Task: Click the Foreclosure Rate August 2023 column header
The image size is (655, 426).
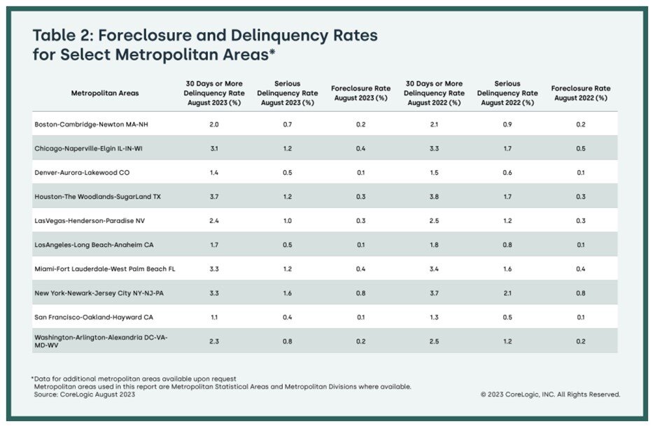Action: coord(360,93)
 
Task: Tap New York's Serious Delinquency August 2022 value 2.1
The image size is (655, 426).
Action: coord(507,293)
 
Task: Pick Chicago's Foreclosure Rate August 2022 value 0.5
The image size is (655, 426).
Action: coord(581,148)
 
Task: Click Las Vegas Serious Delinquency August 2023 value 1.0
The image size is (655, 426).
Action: coord(287,220)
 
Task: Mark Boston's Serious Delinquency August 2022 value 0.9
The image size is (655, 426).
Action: coord(507,124)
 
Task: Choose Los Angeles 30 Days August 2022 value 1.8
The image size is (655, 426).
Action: coord(434,245)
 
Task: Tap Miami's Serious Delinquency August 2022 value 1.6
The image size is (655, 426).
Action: coord(507,269)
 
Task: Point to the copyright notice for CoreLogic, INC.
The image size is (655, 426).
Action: coord(550,395)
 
